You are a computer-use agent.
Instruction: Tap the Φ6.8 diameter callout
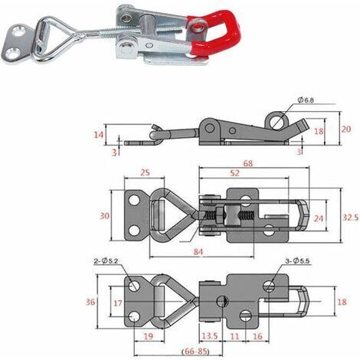[306, 100]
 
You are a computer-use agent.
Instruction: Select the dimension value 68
[247, 163]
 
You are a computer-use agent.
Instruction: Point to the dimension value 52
[234, 173]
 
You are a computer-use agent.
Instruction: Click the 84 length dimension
[198, 252]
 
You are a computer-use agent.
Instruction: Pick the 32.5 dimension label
[350, 218]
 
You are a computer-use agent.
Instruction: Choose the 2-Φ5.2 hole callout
[106, 261]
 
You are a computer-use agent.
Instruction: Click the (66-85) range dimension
[195, 352]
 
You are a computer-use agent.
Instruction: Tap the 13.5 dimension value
[210, 336]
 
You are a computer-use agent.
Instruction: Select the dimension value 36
[90, 302]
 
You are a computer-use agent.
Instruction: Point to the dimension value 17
[118, 303]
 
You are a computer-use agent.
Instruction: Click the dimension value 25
[145, 173]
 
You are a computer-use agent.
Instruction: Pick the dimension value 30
[104, 216]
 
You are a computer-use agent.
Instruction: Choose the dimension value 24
[319, 218]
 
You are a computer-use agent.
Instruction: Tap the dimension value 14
[99, 134]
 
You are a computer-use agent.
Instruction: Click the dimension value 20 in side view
[346, 129]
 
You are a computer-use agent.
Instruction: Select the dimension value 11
[234, 336]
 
